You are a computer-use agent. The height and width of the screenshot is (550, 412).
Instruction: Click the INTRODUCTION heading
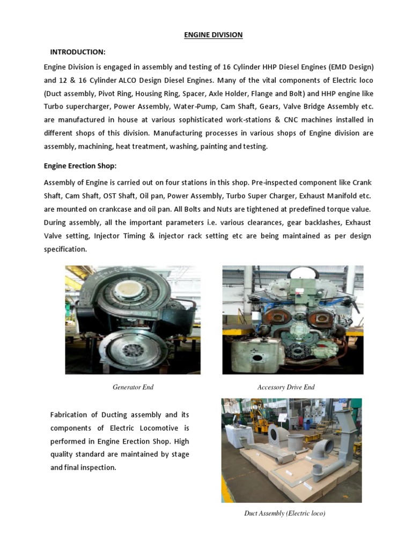pos(78,52)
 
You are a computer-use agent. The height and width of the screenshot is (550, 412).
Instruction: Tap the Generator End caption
pos(133,387)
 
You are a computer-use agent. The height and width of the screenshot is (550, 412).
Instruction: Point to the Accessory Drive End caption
pos(286,387)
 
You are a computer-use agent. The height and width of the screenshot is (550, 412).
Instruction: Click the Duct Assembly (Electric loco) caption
pos(285,513)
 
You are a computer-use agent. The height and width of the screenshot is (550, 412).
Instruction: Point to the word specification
pos(65,249)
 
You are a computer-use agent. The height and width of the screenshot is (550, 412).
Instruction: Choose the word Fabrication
pos(71,415)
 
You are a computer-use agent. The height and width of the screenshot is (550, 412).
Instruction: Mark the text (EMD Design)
pos(348,67)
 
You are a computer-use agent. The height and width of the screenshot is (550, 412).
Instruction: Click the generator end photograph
pos(133,320)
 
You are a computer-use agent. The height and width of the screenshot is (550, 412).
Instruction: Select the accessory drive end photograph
pos(293,320)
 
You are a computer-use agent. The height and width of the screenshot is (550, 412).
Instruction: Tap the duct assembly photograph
pos(291,450)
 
